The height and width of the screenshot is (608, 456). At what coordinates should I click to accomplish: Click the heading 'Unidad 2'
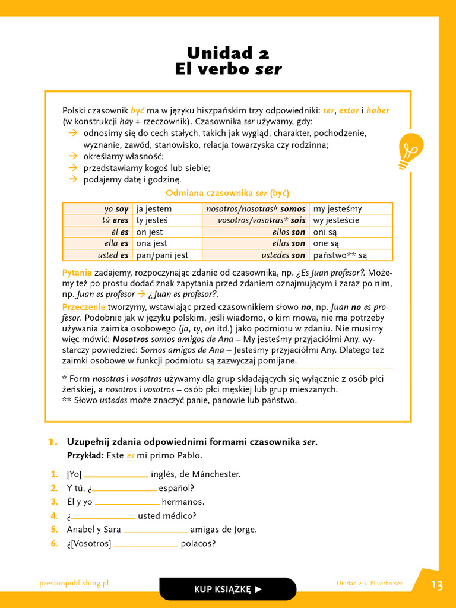tap(228, 53)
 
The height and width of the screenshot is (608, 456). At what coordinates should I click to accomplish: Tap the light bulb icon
tap(410, 149)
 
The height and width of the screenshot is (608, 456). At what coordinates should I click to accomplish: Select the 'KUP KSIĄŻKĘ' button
tap(228, 589)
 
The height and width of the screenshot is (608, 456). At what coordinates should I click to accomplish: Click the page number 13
tap(437, 585)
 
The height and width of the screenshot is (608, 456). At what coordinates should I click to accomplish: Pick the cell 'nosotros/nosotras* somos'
tap(255, 209)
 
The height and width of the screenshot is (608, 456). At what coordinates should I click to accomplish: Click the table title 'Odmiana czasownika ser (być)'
tap(227, 193)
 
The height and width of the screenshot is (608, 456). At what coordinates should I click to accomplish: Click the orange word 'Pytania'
tap(77, 273)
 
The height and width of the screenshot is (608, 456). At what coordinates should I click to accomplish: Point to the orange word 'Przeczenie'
tap(84, 307)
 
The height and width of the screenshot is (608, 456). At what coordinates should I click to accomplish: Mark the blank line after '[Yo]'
tap(116, 475)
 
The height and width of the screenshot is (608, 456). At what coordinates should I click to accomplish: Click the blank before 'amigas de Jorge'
tap(156, 530)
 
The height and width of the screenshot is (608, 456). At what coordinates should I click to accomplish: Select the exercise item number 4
tap(54, 516)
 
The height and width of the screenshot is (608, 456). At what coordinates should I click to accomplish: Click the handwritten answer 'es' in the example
tap(131, 456)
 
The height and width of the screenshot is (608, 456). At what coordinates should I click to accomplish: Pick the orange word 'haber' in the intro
tap(378, 111)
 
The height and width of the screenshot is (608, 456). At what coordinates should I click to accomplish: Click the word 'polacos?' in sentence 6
tap(198, 544)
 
